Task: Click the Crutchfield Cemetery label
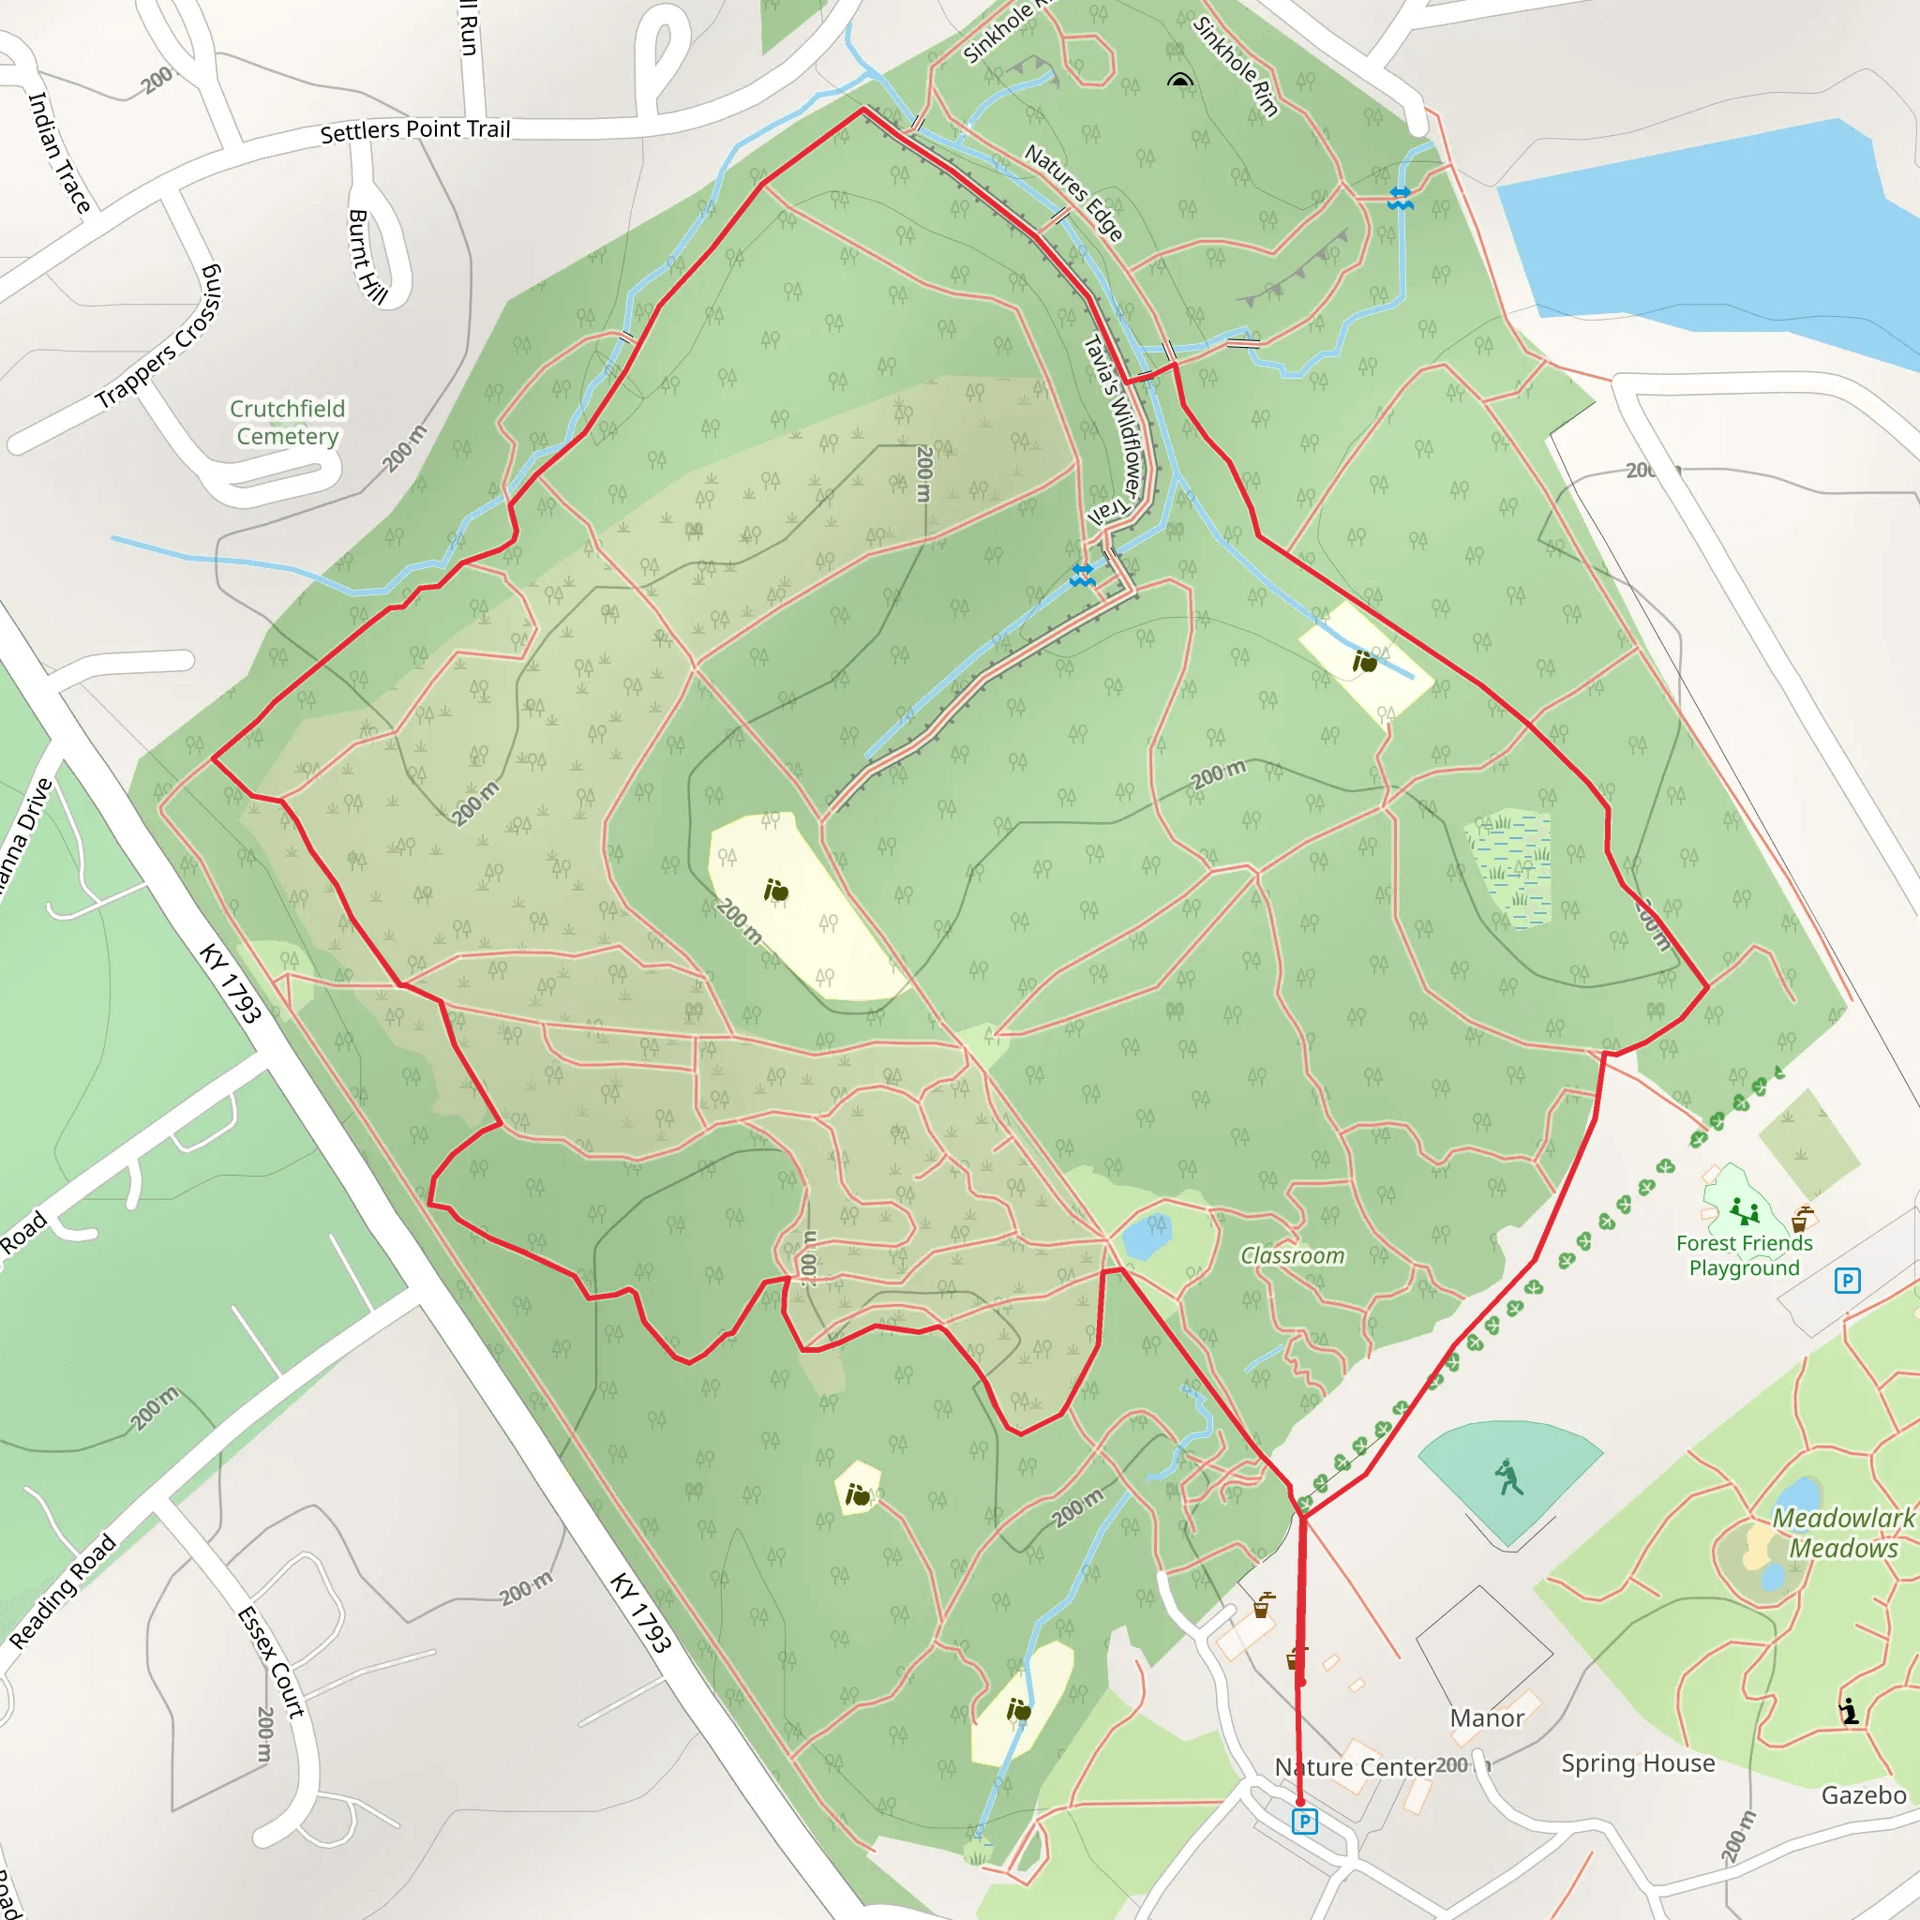point(287,423)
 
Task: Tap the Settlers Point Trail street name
point(414,130)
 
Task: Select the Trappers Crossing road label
point(159,337)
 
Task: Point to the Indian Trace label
point(59,151)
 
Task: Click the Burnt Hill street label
point(366,255)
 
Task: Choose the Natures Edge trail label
point(1073,193)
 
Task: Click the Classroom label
point(1292,1256)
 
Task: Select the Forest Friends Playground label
point(1744,1255)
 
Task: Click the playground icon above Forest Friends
point(1744,1211)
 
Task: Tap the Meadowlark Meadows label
point(1843,1533)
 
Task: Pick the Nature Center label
point(1355,1767)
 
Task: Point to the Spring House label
point(1638,1763)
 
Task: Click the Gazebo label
point(1864,1794)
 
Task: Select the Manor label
point(1487,1718)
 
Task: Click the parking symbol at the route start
point(1305,1821)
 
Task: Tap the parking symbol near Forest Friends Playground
point(1847,1281)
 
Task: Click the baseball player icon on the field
point(1508,1477)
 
